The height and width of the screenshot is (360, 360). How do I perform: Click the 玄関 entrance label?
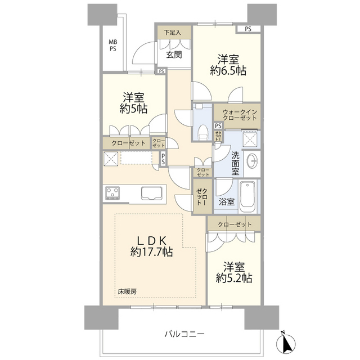[174, 55]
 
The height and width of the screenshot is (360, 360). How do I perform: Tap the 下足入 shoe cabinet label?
[173, 33]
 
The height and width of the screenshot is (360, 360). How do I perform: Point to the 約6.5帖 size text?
[228, 71]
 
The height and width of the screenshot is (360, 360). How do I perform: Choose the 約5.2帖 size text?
[234, 277]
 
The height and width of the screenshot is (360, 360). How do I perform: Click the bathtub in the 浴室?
[247, 197]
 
